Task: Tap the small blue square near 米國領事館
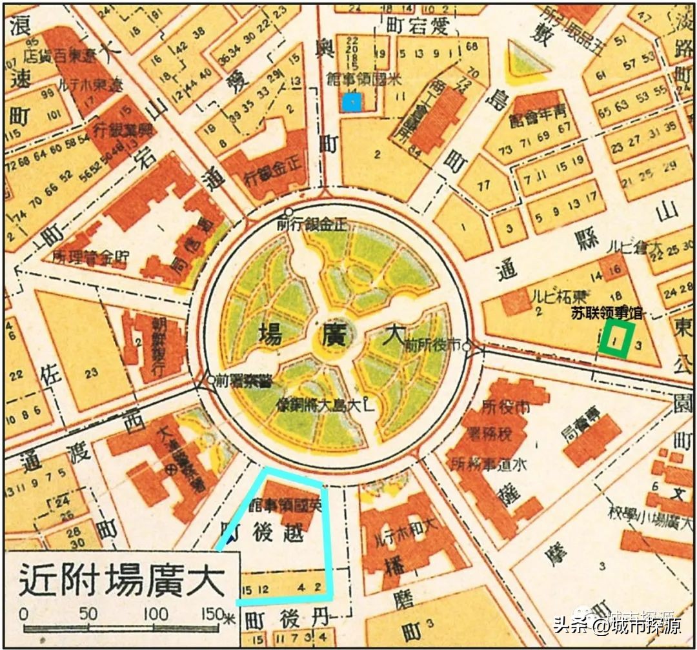(351, 101)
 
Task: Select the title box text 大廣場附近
(123, 579)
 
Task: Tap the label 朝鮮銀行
(158, 349)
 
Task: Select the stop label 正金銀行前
(312, 224)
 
